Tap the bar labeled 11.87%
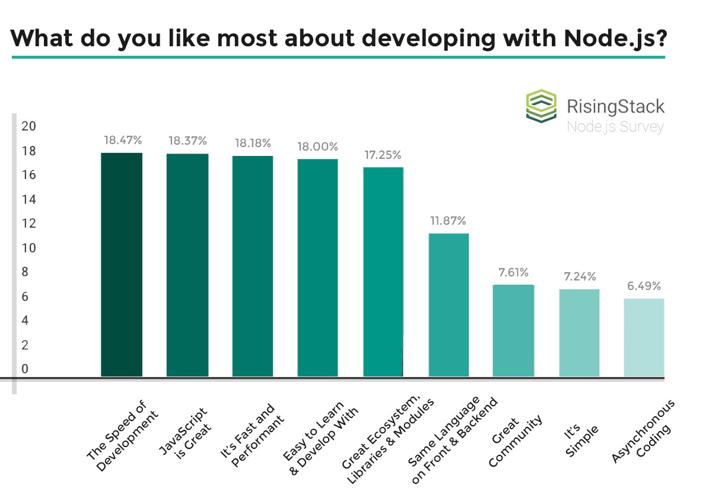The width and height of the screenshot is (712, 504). pos(449,305)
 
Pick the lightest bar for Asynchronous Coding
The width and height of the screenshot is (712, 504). pos(644,337)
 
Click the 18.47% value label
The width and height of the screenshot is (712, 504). pos(123,141)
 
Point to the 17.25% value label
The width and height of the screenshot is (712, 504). pos(382,155)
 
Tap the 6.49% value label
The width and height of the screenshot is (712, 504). pos(643,286)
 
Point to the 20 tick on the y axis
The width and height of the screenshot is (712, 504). pos(28,126)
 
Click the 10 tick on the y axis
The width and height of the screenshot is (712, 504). pos(28,248)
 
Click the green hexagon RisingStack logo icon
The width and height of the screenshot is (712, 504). pos(542,106)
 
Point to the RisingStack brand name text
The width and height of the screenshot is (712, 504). pos(615,107)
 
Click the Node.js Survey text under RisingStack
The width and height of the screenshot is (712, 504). pos(615,127)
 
